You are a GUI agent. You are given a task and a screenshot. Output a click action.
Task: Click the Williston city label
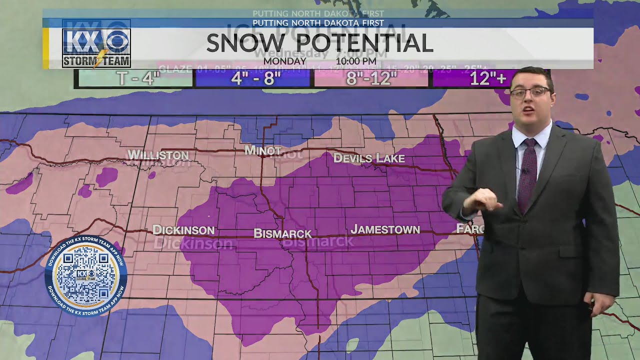click(158, 155)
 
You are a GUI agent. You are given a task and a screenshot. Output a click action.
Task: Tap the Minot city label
click(262, 150)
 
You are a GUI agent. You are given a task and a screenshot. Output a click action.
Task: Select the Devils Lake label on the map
click(369, 158)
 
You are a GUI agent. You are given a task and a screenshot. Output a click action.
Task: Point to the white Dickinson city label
click(183, 230)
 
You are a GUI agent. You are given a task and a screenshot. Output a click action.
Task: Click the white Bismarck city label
click(282, 233)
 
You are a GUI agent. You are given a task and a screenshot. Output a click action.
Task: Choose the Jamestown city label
click(385, 229)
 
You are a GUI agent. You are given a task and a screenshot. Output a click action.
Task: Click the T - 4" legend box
click(134, 78)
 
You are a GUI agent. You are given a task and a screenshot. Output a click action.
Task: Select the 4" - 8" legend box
click(253, 78)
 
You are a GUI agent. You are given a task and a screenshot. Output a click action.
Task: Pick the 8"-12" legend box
click(371, 78)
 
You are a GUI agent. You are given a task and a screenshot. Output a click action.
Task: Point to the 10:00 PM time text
click(355, 61)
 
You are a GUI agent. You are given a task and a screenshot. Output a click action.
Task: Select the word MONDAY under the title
click(284, 61)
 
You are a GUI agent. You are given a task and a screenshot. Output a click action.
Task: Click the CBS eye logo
click(116, 41)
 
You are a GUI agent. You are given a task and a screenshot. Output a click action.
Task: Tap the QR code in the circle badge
click(85, 276)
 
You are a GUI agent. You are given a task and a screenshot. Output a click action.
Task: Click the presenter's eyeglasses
click(530, 93)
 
